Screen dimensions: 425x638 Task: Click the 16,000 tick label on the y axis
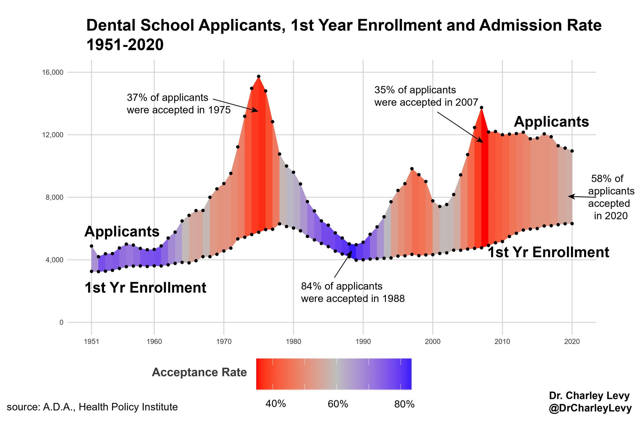point(53,72)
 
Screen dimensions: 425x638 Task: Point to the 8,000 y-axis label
point(55,197)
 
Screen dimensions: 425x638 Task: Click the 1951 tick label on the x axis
point(92,342)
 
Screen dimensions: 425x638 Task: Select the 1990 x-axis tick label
point(363,342)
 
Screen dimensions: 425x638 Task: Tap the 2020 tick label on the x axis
point(572,342)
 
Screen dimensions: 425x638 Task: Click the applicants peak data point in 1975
point(259,77)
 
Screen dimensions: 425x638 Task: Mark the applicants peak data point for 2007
point(482,108)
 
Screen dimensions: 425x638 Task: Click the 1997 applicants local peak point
point(412,169)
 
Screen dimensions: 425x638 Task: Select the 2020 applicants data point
point(572,151)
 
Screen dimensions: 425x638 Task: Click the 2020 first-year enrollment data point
point(572,223)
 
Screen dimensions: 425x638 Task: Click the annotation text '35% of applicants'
point(415,90)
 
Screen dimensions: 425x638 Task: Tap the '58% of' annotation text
point(607,179)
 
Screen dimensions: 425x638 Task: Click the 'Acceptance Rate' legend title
point(199,372)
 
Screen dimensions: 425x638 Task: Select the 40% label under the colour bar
point(276,404)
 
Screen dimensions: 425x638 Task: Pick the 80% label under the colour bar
point(404,404)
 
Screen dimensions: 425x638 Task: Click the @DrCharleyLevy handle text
point(590,408)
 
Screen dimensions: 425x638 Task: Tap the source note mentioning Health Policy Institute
point(92,407)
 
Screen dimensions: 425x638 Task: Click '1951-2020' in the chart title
point(125,45)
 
